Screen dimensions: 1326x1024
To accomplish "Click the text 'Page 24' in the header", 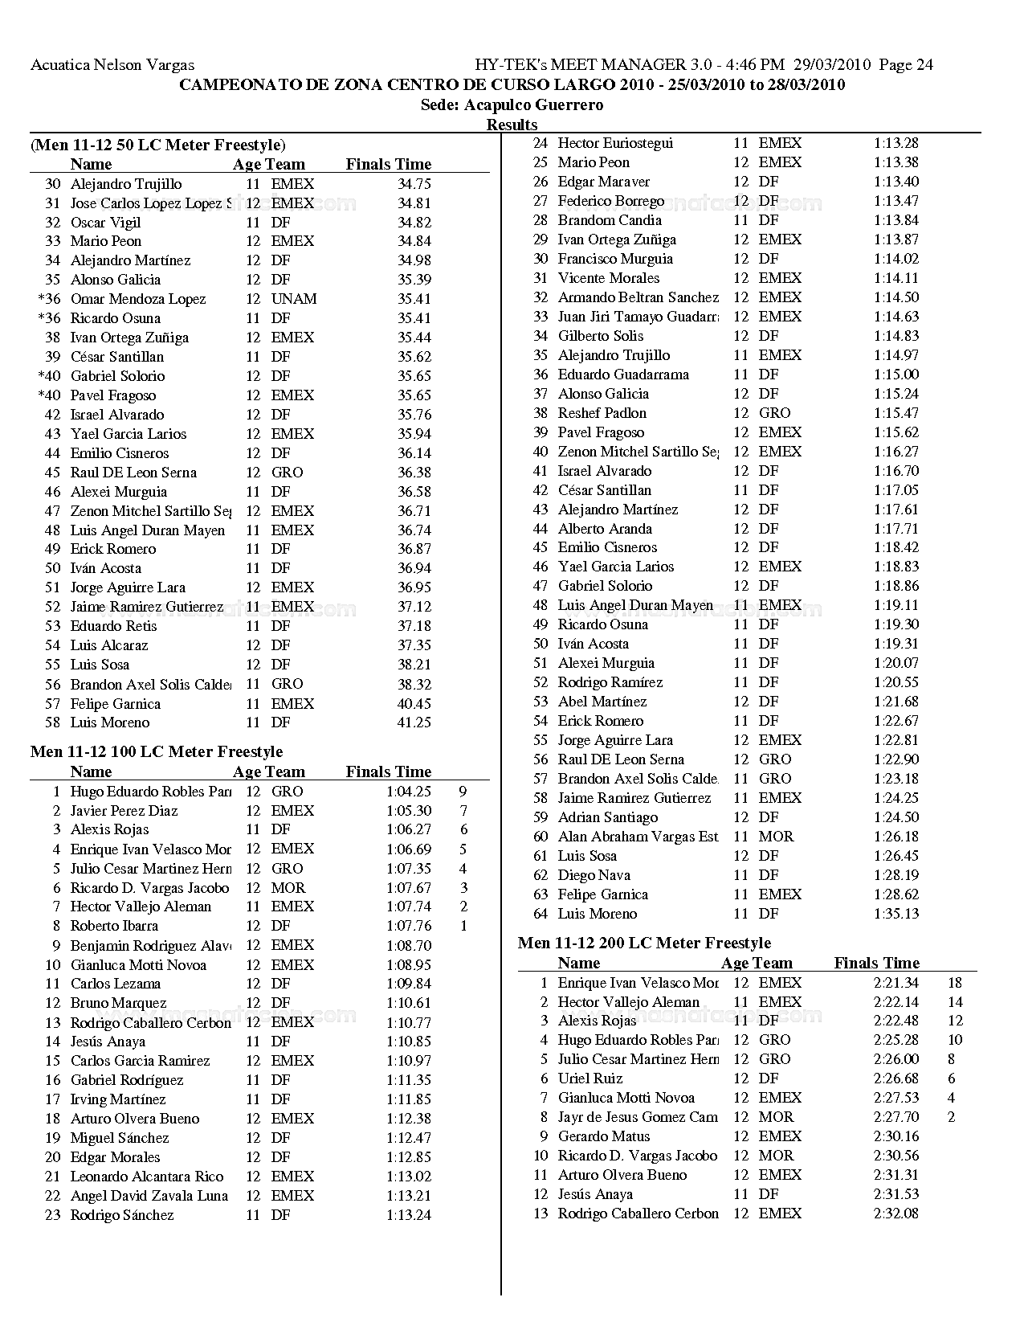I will click(906, 65).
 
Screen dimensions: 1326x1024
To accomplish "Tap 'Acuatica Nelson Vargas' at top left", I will click(112, 65).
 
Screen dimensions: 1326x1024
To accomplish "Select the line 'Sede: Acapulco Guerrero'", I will click(512, 104).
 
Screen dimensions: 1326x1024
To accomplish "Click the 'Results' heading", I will click(512, 125).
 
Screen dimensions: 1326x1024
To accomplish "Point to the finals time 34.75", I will click(414, 184).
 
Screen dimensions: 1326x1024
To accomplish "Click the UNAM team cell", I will click(293, 299).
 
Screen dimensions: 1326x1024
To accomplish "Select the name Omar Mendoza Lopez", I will click(138, 299).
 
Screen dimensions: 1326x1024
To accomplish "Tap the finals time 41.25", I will click(414, 722).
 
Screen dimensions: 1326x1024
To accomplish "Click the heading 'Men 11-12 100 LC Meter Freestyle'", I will click(157, 751).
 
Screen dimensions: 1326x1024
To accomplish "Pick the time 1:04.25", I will click(408, 792).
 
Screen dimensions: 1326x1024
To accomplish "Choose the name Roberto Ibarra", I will click(114, 926).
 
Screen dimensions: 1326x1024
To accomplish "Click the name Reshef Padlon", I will click(602, 413).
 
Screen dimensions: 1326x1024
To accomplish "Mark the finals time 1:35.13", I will click(895, 914).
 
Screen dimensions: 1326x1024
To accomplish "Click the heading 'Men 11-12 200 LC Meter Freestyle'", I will click(644, 943).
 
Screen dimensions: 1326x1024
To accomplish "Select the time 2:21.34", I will click(895, 983).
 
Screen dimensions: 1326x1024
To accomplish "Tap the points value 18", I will click(954, 983).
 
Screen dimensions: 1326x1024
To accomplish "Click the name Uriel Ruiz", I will click(590, 1078).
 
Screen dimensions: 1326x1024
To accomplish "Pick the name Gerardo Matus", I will click(604, 1136).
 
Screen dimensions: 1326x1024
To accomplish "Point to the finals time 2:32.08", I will click(895, 1213).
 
